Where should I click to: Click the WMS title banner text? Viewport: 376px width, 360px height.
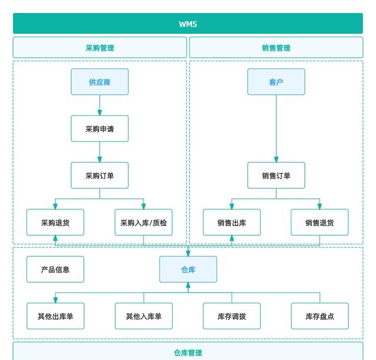[188, 24]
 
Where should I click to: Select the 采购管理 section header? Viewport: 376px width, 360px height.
[100, 48]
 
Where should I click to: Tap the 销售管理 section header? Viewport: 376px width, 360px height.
[276, 48]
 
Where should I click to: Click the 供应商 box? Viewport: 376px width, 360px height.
[100, 82]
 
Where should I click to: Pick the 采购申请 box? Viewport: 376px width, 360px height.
[100, 128]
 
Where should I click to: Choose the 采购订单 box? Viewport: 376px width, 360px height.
[100, 175]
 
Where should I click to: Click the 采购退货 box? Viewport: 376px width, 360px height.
[55, 222]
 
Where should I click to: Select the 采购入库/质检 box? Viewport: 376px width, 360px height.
[143, 222]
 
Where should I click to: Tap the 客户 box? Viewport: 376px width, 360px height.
[276, 82]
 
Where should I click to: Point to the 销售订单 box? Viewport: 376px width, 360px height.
[276, 175]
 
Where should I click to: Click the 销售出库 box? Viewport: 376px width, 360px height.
[231, 222]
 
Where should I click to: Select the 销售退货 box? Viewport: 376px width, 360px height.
[320, 222]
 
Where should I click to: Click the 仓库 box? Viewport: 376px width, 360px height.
[188, 269]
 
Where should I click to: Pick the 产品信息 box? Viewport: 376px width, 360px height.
[55, 269]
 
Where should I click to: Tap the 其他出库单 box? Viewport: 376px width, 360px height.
[55, 316]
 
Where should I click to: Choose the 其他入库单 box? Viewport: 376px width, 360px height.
[143, 316]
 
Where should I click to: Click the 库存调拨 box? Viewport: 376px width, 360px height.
[231, 316]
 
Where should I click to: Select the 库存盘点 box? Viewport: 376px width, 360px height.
[320, 316]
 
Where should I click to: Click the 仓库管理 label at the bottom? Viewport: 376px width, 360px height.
[188, 353]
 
